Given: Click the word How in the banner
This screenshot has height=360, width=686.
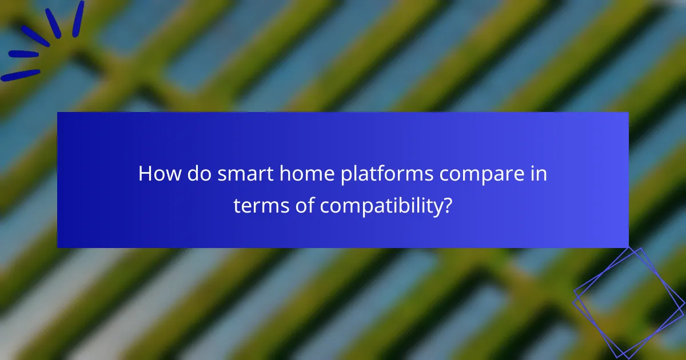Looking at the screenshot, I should pyautogui.click(x=158, y=174).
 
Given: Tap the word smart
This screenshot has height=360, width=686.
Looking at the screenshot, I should pyautogui.click(x=233, y=174).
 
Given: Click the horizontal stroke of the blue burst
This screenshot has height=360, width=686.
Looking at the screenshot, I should pyautogui.click(x=23, y=54).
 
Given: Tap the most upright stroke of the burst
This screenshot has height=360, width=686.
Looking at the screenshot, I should pyautogui.click(x=77, y=18).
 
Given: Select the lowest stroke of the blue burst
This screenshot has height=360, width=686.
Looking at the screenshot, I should pyautogui.click(x=21, y=75).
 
